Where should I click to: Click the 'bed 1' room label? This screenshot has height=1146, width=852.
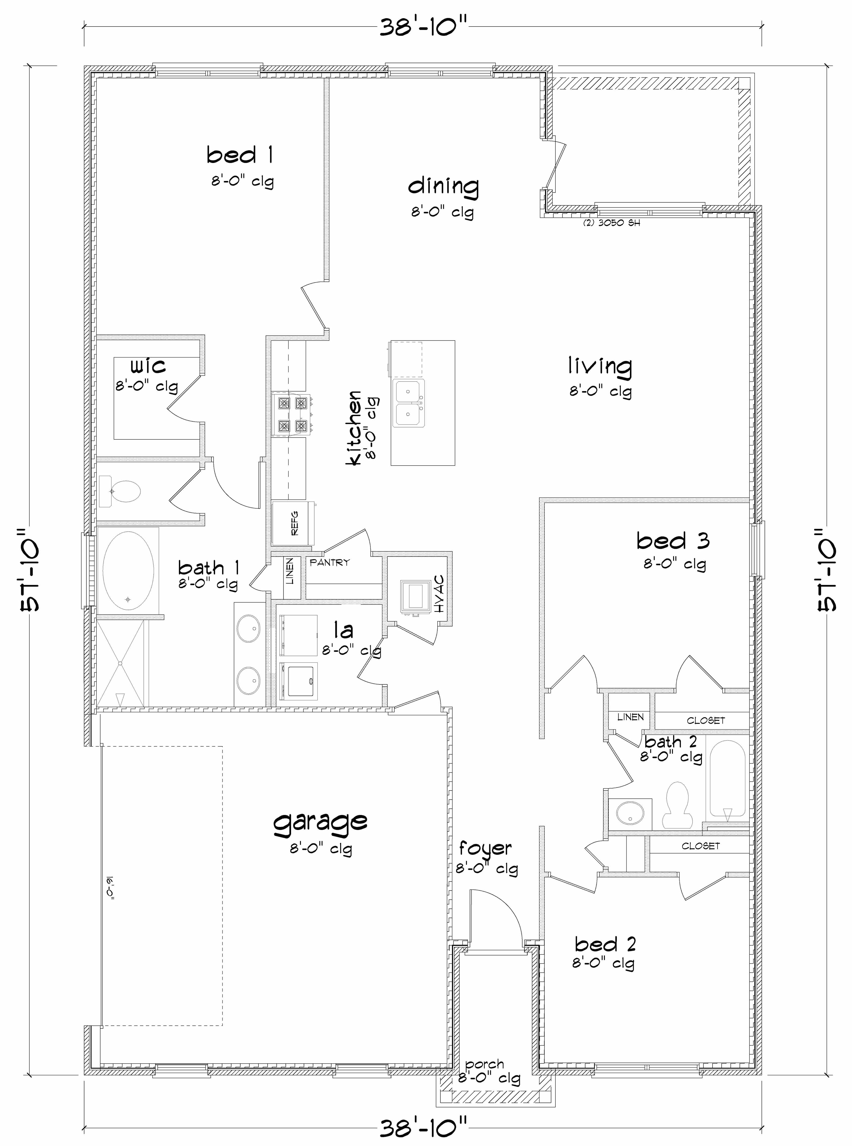(240, 155)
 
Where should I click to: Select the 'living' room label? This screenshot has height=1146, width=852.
(600, 366)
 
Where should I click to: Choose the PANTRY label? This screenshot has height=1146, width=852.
(329, 563)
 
